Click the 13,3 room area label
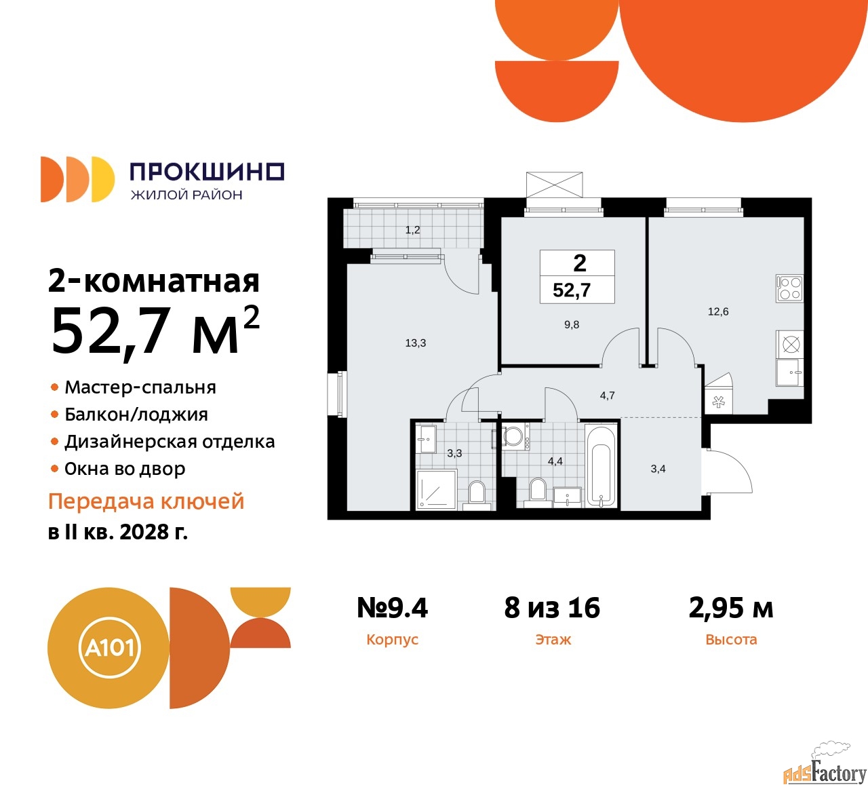(x=416, y=343)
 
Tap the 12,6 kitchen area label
(x=718, y=312)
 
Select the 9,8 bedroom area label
(x=572, y=325)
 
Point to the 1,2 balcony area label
(x=413, y=230)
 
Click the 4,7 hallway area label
(x=607, y=396)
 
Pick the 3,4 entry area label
(x=658, y=469)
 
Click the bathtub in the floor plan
(x=601, y=466)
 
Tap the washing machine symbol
(x=513, y=436)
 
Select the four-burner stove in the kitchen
(x=790, y=288)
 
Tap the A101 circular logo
(x=108, y=648)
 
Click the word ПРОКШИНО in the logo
(x=206, y=172)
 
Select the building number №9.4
(x=393, y=608)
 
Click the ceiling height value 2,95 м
(x=731, y=608)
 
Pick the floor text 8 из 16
(x=552, y=608)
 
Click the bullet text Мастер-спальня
(x=140, y=387)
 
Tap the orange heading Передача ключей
(x=146, y=501)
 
